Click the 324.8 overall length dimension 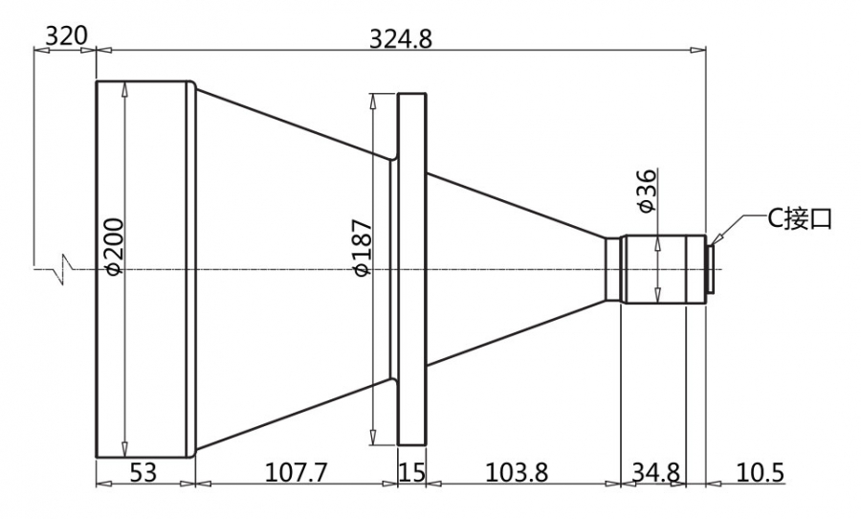click(400, 39)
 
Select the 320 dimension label click(66, 36)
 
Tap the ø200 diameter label click(115, 246)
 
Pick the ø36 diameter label click(647, 191)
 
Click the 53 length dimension click(143, 472)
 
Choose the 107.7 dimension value click(296, 472)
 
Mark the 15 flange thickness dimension click(411, 472)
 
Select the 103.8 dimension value click(517, 472)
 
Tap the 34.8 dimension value click(656, 472)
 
